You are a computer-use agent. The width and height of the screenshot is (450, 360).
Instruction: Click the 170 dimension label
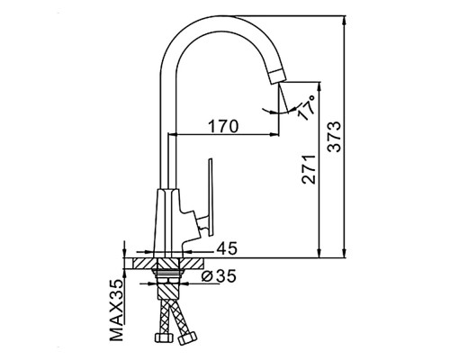click(x=223, y=126)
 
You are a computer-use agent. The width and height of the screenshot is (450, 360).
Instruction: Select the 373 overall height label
click(x=335, y=137)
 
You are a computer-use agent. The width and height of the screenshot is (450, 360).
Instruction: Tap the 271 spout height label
click(x=309, y=169)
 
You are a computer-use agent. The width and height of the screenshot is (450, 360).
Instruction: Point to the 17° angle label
click(x=307, y=107)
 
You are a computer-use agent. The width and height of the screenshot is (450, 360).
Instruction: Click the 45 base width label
click(x=227, y=248)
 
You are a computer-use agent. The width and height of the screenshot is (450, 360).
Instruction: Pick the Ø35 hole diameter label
click(x=219, y=276)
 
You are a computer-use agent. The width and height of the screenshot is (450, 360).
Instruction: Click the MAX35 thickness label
click(x=117, y=310)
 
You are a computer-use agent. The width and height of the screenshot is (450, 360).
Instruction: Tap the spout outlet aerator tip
click(x=276, y=76)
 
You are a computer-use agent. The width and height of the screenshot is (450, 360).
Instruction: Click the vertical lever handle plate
click(x=211, y=196)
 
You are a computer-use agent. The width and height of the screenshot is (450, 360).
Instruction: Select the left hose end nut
click(x=164, y=337)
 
